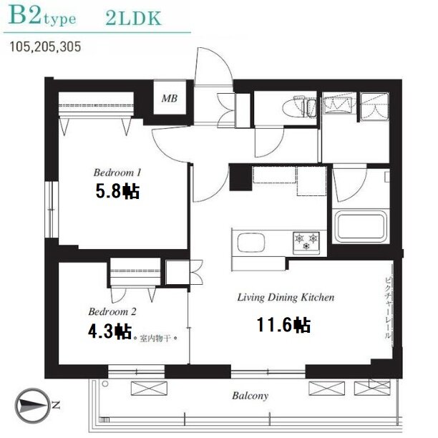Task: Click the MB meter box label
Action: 170,98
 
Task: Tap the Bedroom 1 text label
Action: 117,172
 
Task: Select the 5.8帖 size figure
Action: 117,191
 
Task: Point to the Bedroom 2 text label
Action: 112,311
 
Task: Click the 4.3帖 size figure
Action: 109,331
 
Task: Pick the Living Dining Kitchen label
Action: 286,297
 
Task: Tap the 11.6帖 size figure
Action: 283,325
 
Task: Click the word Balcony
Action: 250,396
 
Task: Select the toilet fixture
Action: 299,107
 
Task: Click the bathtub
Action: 361,227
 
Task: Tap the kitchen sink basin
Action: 250,243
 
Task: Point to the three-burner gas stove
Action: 306,243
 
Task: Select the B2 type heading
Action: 42,16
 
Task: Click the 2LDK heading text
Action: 134,19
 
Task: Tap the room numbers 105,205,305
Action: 45,47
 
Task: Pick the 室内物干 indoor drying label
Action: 155,339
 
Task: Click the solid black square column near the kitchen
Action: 240,177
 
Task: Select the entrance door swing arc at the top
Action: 214,66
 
